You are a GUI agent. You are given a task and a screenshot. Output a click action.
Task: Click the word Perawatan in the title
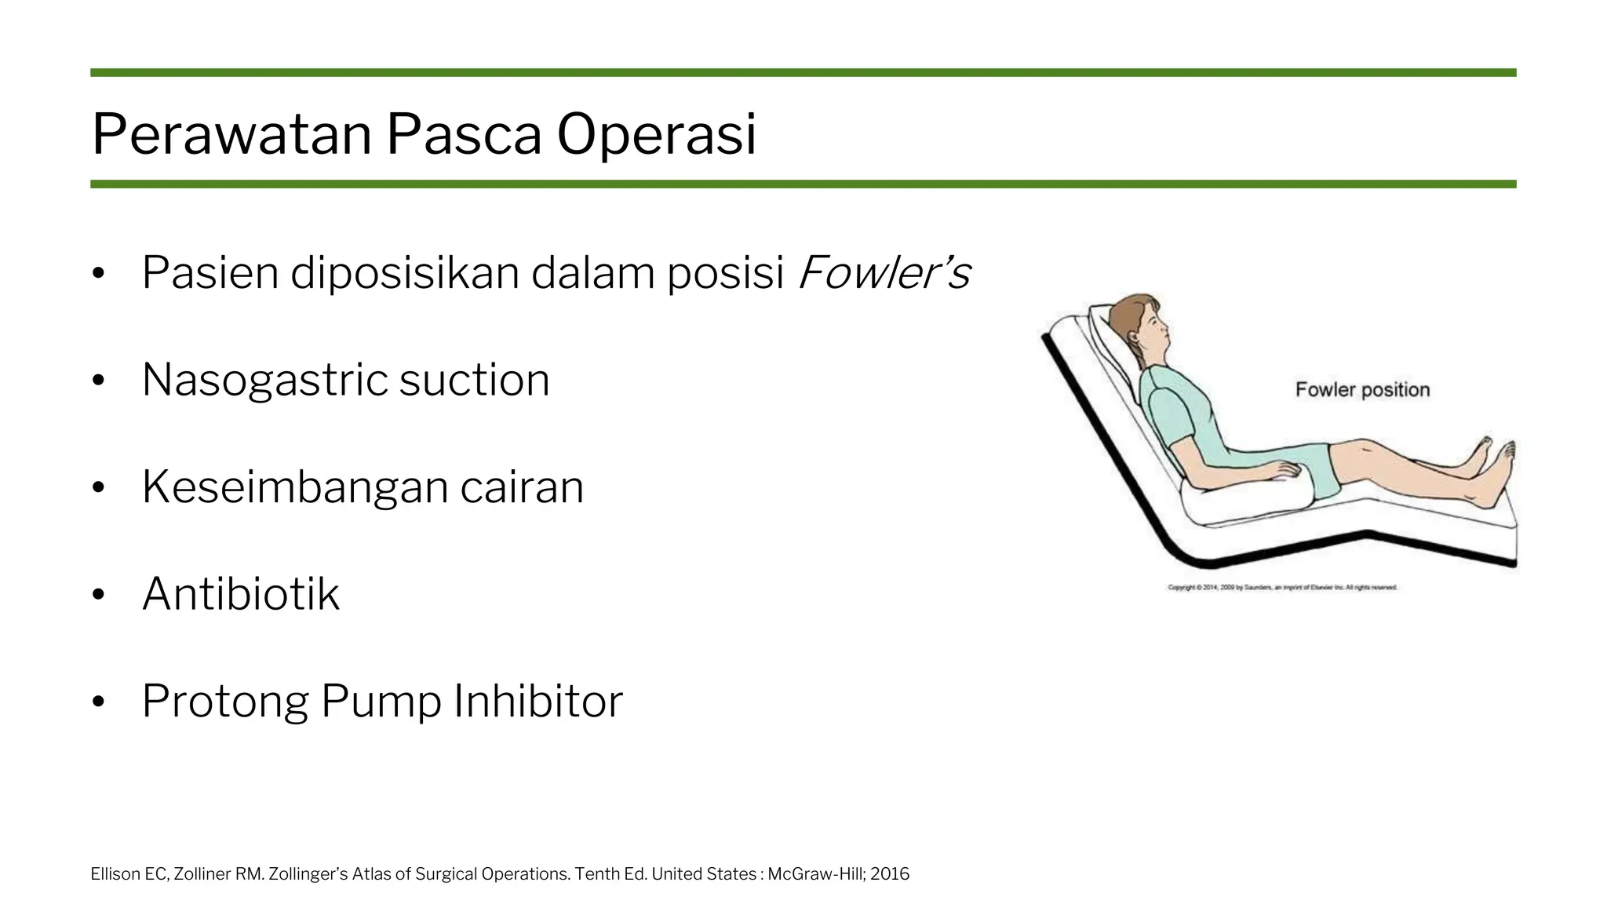231,135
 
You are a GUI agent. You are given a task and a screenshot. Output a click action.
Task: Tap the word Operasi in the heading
656,135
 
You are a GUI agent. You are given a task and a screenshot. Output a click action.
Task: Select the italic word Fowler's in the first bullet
884,273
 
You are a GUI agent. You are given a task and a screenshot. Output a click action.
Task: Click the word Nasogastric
264,381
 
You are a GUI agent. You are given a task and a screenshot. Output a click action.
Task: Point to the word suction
474,381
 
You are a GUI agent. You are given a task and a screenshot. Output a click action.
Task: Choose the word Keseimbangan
293,487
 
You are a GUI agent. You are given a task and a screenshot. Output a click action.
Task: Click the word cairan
522,487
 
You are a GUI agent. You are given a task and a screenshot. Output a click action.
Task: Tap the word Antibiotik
240,594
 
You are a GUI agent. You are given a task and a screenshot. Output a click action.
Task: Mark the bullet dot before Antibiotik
98,595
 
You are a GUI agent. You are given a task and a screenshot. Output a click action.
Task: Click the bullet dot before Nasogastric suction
98,381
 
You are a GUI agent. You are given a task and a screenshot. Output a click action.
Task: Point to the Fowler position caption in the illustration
1362,390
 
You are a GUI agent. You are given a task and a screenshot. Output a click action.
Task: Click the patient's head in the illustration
1146,326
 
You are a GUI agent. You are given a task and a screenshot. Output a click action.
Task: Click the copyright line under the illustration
1282,588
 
